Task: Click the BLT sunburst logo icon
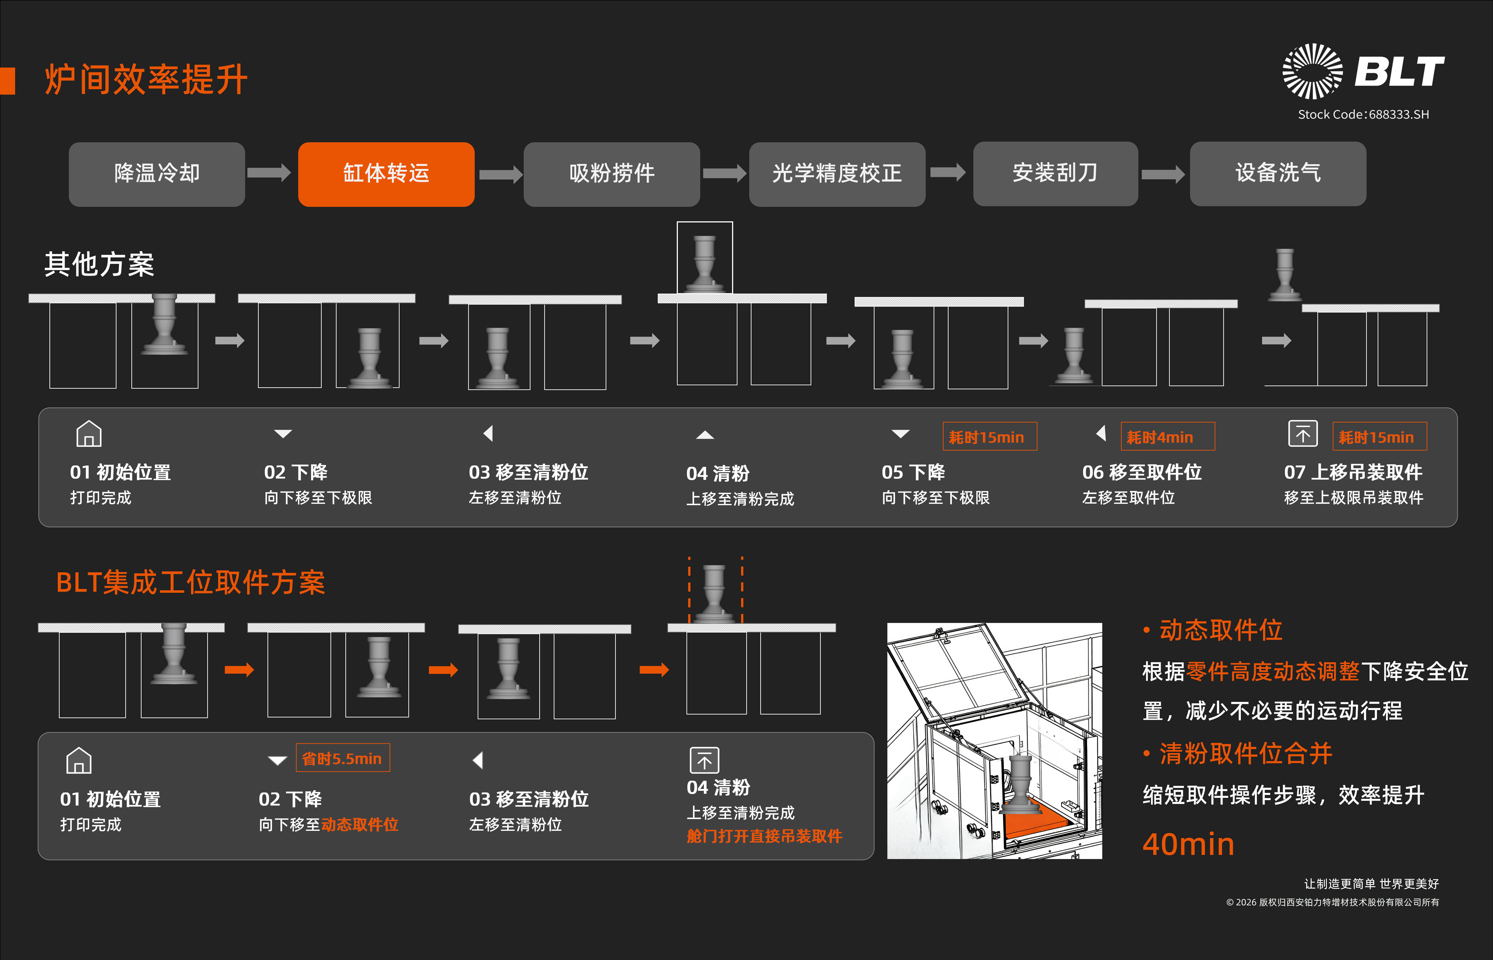(x=1312, y=71)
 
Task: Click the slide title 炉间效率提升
(x=147, y=80)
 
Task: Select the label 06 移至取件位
(x=1142, y=472)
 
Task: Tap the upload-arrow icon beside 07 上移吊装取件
(x=1302, y=434)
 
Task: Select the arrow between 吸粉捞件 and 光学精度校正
(x=724, y=173)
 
